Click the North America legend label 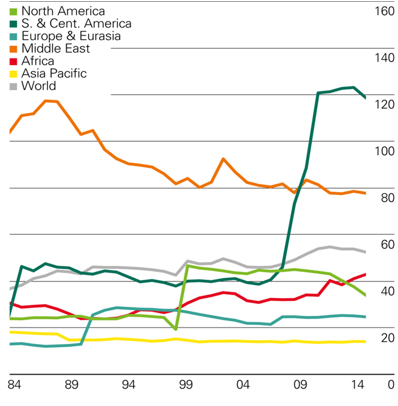coord(62,11)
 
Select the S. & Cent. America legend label coord(76,24)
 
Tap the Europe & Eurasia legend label coord(71,36)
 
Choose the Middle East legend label coord(55,49)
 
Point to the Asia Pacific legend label coord(53,73)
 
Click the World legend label coord(38,86)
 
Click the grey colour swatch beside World coord(14,86)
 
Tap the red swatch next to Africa coord(14,61)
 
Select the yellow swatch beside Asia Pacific coord(14,73)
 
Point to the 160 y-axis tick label coord(383,11)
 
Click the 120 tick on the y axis coord(383,105)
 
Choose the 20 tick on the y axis coord(387,338)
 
